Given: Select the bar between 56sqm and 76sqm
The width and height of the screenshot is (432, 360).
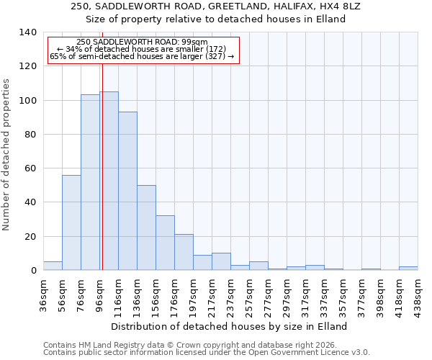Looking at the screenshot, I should [71, 222].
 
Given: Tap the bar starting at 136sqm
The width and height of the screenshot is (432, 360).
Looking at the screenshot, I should [146, 228].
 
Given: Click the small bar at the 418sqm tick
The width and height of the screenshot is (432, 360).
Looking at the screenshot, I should [408, 269].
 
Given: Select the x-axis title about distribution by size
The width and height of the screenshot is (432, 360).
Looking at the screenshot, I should [230, 326].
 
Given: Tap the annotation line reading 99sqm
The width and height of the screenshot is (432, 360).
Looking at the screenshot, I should [142, 42].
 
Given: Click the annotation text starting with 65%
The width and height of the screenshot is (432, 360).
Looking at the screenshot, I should [142, 56].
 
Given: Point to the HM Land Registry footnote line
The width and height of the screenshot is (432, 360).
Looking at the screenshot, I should [206, 345].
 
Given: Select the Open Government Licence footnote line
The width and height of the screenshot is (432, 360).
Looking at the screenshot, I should [206, 353].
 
